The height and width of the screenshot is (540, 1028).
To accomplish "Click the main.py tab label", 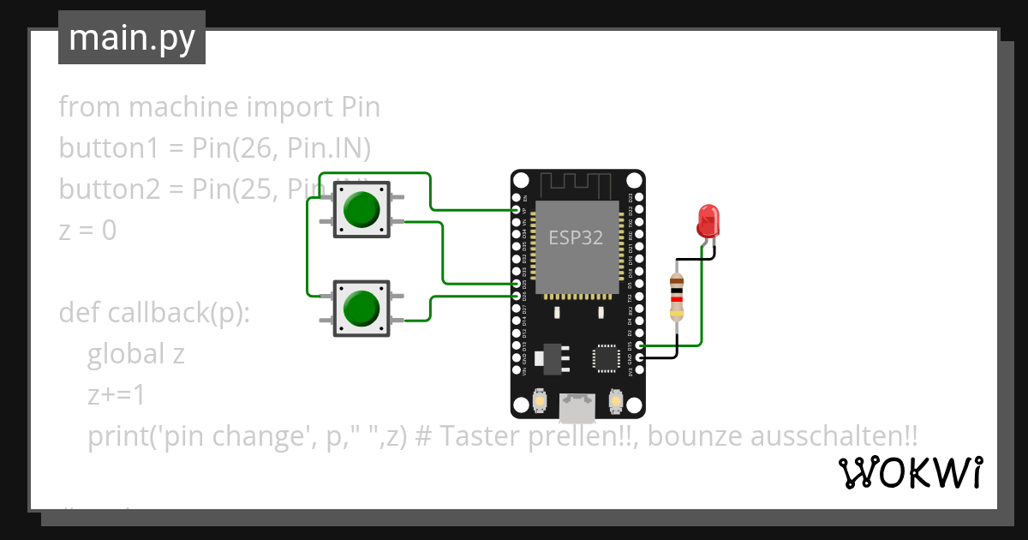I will pyautogui.click(x=131, y=38).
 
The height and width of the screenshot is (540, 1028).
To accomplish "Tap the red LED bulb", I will pyautogui.click(x=708, y=220).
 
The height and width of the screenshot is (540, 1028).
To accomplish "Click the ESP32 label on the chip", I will pyautogui.click(x=576, y=238).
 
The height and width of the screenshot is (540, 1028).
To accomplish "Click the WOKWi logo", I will pyautogui.click(x=910, y=472).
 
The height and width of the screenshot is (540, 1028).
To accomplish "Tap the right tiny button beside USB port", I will pyautogui.click(x=614, y=399).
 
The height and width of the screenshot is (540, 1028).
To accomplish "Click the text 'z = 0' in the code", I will pyautogui.click(x=87, y=231).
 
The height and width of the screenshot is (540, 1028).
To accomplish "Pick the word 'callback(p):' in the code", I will pyautogui.click(x=177, y=313).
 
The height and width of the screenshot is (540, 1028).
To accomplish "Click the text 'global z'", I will pyautogui.click(x=135, y=354).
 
